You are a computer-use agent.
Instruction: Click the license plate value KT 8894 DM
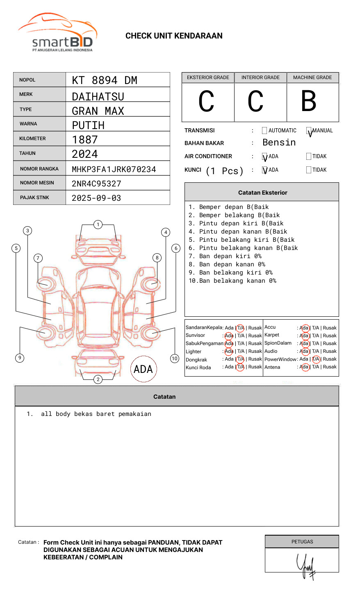[105, 80]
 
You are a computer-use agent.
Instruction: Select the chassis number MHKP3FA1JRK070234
[114, 169]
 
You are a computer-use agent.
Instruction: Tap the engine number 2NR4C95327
[96, 184]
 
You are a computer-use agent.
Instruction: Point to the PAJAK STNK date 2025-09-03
[96, 198]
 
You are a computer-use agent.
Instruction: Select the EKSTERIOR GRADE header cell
[208, 77]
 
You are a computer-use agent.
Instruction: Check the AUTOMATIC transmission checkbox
[264, 131]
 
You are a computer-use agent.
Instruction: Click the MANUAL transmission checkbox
[309, 131]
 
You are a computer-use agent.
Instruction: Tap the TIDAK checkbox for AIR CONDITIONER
[309, 156]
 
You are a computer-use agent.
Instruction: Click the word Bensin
[279, 143]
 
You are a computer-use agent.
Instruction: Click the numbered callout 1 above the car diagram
[98, 225]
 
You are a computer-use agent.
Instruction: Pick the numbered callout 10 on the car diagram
[175, 359]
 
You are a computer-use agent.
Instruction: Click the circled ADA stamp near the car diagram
[144, 369]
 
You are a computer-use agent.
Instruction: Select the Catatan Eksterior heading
[262, 193]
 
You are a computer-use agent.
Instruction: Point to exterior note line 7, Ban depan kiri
[225, 256]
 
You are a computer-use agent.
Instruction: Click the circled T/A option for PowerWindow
[316, 359]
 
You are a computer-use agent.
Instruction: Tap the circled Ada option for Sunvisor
[229, 336]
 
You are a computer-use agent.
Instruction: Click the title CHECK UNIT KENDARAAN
[174, 36]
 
